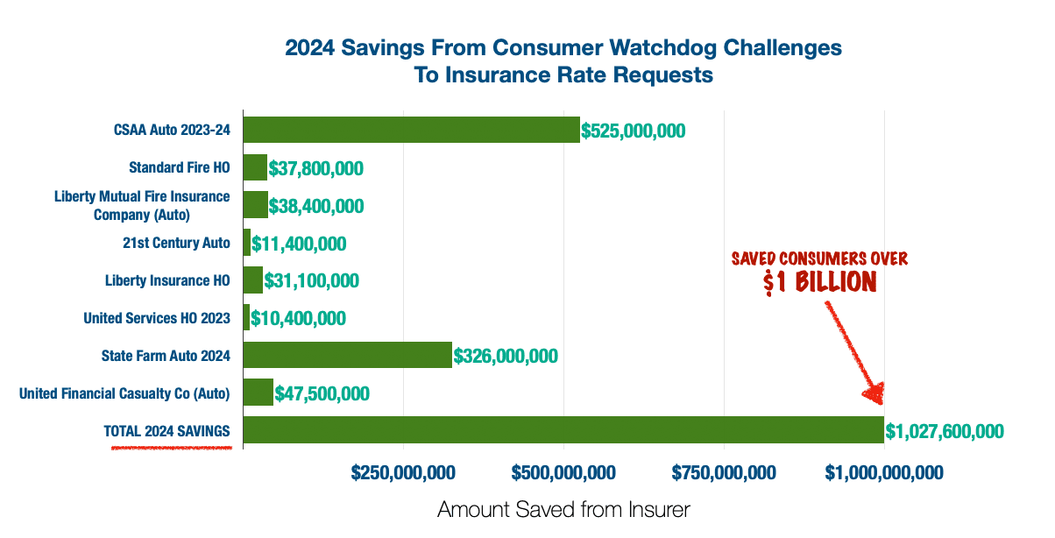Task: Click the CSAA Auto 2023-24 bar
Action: tap(412, 130)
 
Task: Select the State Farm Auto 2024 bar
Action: tap(348, 355)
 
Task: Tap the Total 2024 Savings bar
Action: tap(563, 429)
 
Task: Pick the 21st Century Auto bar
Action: tap(247, 242)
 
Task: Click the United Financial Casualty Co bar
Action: tap(258, 392)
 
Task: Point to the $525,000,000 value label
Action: tap(633, 131)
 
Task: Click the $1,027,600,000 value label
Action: tap(945, 431)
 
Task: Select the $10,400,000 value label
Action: tap(298, 318)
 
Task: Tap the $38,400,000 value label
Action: tap(316, 206)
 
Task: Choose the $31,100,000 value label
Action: tap(311, 280)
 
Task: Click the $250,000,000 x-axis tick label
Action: tap(403, 473)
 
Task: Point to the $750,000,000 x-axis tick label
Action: tap(724, 473)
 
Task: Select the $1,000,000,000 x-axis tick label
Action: tap(884, 473)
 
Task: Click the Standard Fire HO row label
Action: tap(180, 167)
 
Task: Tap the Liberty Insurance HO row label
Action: tap(167, 280)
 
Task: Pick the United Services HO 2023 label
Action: tap(157, 318)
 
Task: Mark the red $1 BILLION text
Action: tap(820, 282)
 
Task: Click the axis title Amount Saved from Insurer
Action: tap(563, 510)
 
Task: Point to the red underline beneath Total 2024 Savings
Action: tap(172, 448)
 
